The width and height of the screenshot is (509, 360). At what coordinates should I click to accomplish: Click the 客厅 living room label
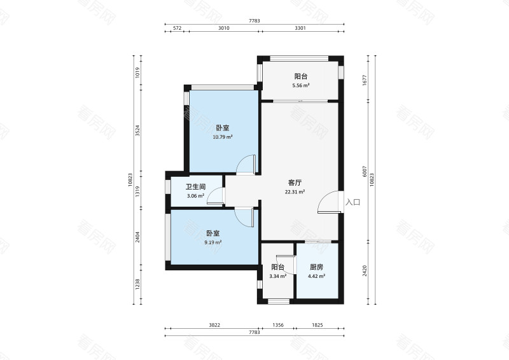click(294, 182)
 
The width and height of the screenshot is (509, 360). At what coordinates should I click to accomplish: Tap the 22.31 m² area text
click(294, 192)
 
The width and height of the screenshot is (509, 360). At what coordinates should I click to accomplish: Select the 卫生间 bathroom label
click(195, 187)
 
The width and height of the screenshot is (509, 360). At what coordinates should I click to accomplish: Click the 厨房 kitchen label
click(317, 268)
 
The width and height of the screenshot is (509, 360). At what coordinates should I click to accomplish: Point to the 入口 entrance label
click(353, 202)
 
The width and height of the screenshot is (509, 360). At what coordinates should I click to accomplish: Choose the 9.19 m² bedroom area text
click(213, 242)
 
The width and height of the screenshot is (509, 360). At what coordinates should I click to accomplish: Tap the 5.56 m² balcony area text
click(300, 86)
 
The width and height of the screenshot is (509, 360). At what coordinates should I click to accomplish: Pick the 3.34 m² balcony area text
click(277, 277)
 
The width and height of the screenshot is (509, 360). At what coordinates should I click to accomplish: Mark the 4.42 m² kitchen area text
click(317, 277)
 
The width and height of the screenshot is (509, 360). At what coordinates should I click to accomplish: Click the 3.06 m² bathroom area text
click(195, 196)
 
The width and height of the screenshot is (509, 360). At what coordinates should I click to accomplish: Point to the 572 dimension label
click(178, 28)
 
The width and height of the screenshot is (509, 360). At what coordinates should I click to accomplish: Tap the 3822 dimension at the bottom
click(214, 325)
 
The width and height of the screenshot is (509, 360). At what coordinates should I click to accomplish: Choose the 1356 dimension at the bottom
click(278, 325)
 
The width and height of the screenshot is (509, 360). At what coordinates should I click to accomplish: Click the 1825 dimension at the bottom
click(317, 325)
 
